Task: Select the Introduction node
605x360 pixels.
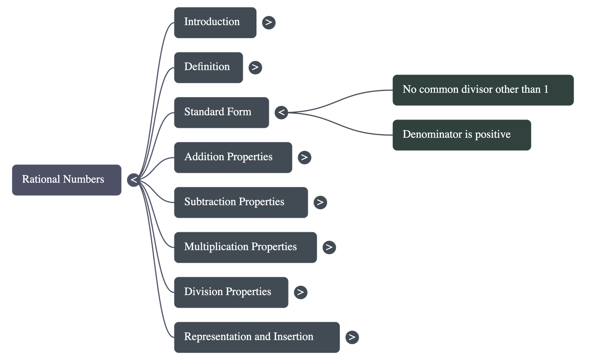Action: coord(215,22)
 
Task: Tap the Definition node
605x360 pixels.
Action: coord(208,67)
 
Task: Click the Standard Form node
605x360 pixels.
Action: coord(221,112)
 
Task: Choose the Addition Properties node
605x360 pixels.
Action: coord(233,157)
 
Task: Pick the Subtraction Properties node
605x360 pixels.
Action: coord(240,202)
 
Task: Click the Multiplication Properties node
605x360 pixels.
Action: coord(245,247)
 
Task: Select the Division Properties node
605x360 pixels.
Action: coord(231,292)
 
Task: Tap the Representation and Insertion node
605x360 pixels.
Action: coord(256,337)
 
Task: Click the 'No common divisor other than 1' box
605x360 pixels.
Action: coord(483,90)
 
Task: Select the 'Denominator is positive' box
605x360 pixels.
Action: coord(461,135)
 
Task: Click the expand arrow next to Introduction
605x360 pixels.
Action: coord(268,22)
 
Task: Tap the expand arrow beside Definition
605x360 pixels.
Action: coord(255,67)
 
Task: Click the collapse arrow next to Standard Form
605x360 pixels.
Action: coord(281,112)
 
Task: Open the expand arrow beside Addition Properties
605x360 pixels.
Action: coord(304,157)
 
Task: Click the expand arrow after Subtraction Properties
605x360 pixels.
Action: coord(320,202)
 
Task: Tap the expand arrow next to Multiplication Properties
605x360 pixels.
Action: coord(329,247)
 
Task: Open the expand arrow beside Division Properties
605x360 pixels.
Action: coord(301,292)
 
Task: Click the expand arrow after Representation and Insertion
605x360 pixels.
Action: coord(352,337)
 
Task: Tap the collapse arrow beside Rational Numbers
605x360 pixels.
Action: coord(133,180)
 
